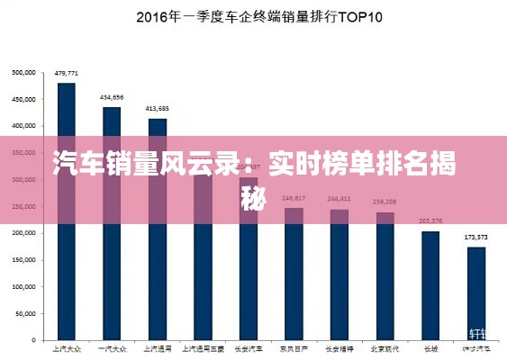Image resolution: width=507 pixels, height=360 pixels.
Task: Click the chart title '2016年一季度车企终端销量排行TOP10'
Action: point(259,17)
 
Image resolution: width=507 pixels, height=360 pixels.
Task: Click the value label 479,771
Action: point(67,73)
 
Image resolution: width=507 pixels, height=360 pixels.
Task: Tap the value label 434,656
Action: point(112,97)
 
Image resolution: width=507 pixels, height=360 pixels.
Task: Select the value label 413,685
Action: point(158,108)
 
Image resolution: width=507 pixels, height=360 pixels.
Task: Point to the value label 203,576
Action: point(430,220)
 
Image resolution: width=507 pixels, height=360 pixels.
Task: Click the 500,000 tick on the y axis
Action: point(23,73)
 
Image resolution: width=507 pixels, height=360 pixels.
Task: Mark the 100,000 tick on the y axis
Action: point(23,286)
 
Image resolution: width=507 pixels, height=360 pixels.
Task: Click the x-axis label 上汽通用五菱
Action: point(203,347)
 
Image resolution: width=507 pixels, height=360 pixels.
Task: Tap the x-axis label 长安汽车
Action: point(249,347)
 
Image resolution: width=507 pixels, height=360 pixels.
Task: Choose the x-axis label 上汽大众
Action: point(67,347)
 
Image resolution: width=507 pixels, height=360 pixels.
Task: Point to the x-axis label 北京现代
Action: point(385,347)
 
